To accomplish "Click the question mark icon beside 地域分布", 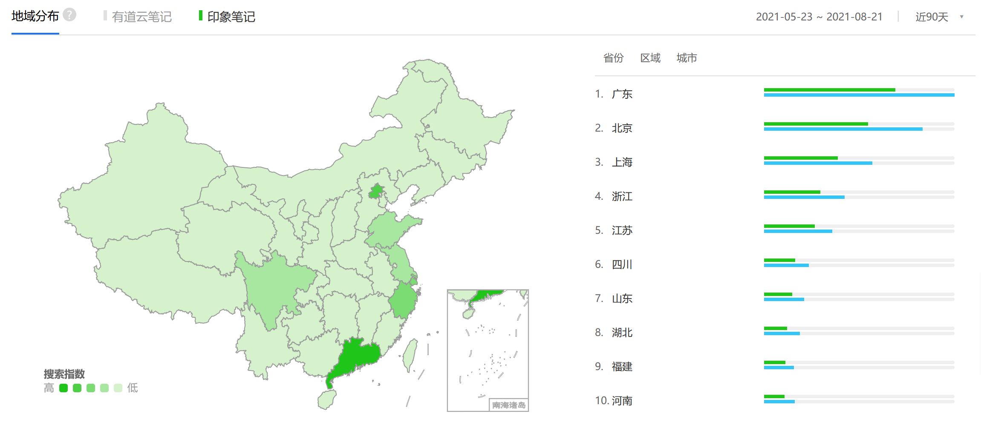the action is tap(69, 15).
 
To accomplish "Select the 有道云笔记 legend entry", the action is tap(141, 17).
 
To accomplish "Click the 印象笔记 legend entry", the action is tap(231, 17).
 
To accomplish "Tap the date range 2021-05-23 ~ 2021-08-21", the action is tap(819, 17).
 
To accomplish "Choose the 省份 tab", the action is tap(613, 58).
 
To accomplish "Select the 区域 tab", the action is tap(650, 58).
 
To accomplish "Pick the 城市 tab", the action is tap(687, 58).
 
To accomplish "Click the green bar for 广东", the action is tap(829, 90).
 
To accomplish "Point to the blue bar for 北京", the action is tap(843, 129).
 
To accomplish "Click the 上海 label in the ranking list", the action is tap(622, 162).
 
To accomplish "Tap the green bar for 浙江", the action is tap(792, 192).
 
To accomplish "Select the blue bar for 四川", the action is tap(786, 265).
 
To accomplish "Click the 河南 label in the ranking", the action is tap(622, 401).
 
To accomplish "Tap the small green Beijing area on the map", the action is tap(376, 192).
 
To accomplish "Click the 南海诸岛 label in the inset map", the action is tap(508, 405).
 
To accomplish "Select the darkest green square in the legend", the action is tap(63, 388).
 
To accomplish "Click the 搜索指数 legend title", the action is tap(64, 374).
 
